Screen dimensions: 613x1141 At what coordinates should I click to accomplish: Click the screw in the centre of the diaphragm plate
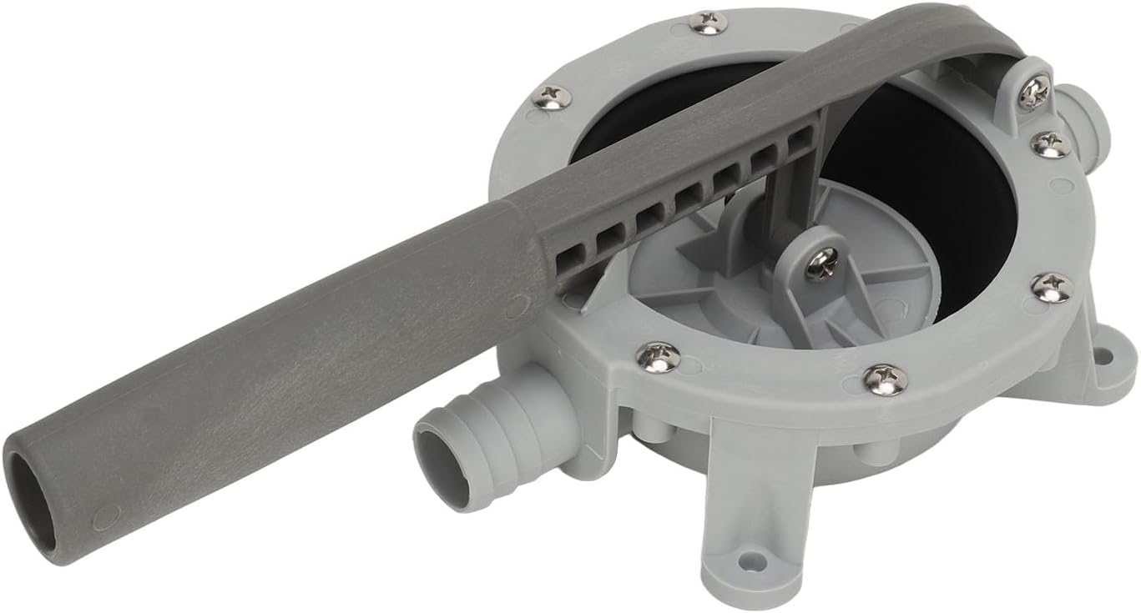pos(821,264)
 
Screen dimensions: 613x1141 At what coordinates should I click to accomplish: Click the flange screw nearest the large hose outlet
pos(658,356)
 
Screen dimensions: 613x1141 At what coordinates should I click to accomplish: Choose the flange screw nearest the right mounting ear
pos(1052,288)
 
